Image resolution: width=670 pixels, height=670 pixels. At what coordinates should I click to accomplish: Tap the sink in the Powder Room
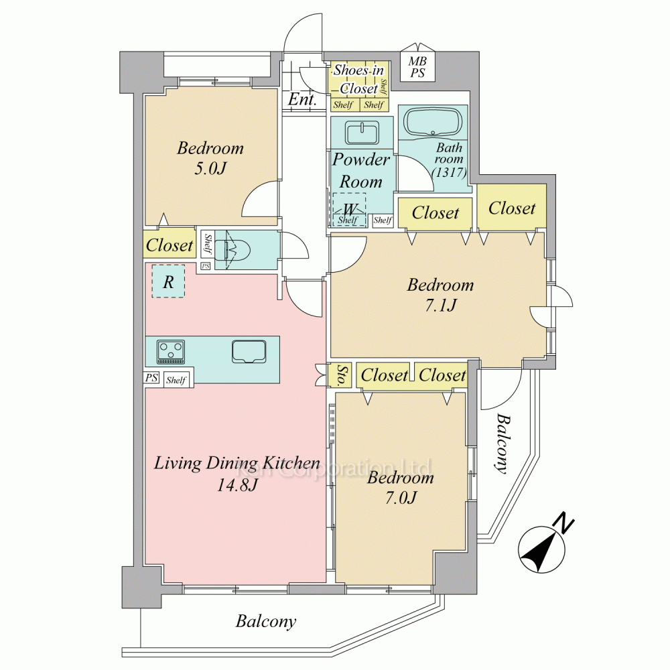coord(362,133)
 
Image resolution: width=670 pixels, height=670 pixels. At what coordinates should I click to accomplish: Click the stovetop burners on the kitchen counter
coord(171,352)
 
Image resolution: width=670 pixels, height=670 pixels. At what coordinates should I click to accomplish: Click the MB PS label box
coord(417,67)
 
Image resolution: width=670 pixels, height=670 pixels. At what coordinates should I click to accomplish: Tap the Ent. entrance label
coord(303,100)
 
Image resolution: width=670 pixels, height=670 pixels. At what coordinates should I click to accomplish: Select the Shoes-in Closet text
coord(358,79)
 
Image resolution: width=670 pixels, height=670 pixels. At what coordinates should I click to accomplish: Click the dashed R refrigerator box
coord(168,281)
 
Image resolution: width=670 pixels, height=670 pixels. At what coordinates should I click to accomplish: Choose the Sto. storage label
coord(342,376)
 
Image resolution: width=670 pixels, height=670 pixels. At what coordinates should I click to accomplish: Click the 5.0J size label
coord(210,168)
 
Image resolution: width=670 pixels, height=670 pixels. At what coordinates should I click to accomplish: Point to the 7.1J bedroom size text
coord(441,305)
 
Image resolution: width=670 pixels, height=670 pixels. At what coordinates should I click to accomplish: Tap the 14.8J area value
coord(237,485)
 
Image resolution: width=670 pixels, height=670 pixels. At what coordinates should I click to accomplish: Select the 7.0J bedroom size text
coord(401,497)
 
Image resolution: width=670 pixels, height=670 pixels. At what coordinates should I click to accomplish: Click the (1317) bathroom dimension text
coord(449,172)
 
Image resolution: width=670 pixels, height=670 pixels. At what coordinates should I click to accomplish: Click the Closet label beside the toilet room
coord(170,245)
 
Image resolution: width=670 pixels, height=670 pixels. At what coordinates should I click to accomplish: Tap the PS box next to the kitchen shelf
coord(151,378)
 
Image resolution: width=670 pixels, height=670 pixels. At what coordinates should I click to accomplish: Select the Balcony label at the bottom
coord(266,621)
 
